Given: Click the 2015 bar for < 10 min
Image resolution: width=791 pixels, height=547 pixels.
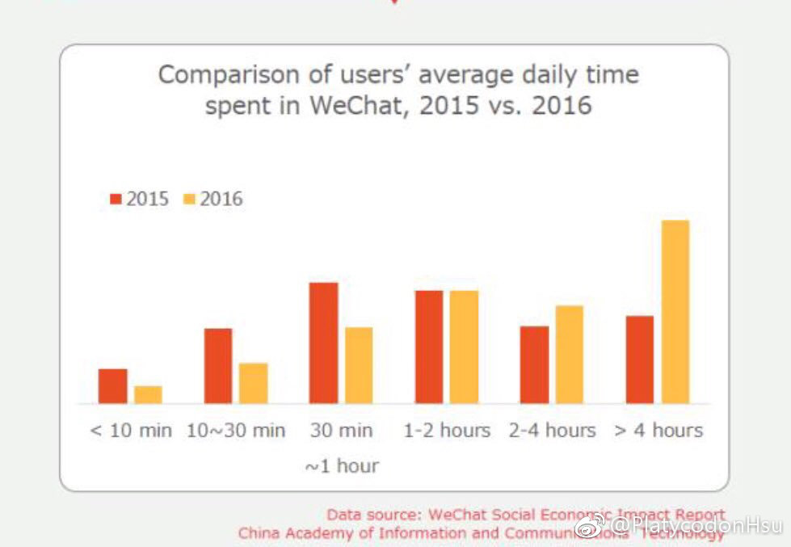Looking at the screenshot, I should point(112,386).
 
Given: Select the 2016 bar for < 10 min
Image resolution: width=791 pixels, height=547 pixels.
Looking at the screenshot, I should point(148,394).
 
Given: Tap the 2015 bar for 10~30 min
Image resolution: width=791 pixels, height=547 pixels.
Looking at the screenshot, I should point(217,366).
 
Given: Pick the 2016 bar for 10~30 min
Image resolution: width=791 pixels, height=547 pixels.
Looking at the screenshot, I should point(253,383).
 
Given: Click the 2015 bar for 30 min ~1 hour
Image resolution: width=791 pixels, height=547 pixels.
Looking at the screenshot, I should point(323,343).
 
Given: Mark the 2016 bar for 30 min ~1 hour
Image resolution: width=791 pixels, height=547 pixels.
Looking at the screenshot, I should point(359,365).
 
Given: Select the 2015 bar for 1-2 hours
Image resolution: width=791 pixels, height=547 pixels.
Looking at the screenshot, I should point(428,347).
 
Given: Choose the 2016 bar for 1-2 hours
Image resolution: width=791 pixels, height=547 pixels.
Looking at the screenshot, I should point(464,347).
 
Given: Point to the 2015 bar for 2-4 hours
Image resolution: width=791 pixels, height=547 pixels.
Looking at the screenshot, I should point(534,364).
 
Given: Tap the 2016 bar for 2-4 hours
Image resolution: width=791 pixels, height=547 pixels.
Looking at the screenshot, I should point(569,355).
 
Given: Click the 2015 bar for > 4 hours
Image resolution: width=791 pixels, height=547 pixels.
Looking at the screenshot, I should point(639,360).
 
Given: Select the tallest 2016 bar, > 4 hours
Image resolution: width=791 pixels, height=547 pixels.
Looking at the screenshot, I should point(675,312).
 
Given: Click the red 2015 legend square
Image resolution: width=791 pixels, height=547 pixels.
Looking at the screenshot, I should point(116,199).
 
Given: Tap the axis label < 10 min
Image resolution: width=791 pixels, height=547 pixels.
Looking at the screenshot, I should point(131,431).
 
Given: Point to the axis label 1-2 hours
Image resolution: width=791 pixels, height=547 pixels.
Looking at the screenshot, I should point(447,431).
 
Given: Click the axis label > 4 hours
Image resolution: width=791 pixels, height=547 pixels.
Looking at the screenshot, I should point(658,431).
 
